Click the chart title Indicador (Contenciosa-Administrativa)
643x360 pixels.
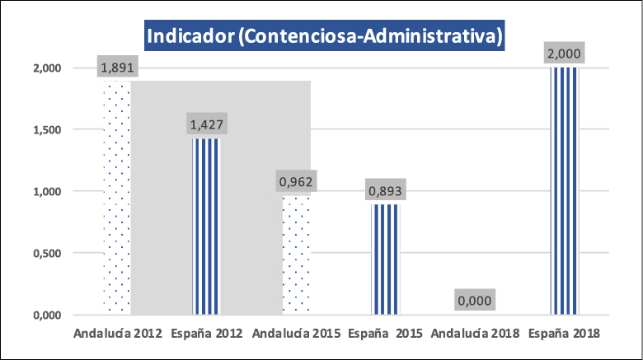click(x=324, y=36)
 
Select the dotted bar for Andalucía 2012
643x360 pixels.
click(x=117, y=198)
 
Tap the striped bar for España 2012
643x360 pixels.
click(x=206, y=227)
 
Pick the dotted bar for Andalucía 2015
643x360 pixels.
click(x=296, y=255)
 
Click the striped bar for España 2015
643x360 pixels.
click(x=386, y=259)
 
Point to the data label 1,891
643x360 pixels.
click(x=117, y=68)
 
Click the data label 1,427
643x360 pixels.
click(x=206, y=125)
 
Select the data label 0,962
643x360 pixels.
click(x=296, y=182)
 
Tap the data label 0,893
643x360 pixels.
click(x=386, y=191)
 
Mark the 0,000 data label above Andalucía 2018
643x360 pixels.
click(x=475, y=301)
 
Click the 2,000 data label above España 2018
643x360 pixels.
click(x=565, y=54)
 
